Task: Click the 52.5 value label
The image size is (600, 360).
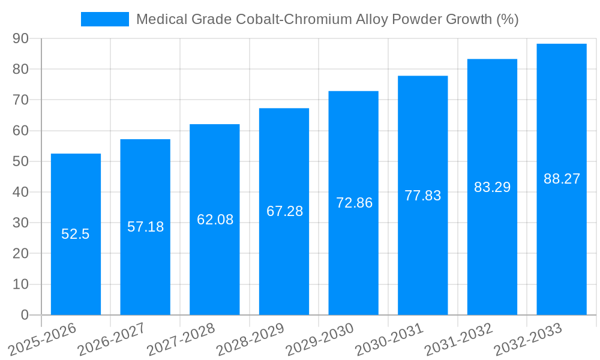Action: pyautogui.click(x=76, y=234)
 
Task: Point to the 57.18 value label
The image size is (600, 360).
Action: pyautogui.click(x=145, y=227)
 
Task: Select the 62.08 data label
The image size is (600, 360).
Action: pyautogui.click(x=215, y=220)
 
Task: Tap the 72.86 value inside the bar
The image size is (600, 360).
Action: pyautogui.click(x=354, y=203)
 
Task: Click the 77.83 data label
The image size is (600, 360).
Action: pyautogui.click(x=422, y=196)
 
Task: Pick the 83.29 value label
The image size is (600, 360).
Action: pyautogui.click(x=492, y=187)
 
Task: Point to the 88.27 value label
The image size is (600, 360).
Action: pyautogui.click(x=562, y=179)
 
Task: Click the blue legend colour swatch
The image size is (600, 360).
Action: pyautogui.click(x=105, y=19)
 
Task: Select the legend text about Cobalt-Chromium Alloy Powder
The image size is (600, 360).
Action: pyautogui.click(x=327, y=19)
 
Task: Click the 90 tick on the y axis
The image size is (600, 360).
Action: pyautogui.click(x=20, y=38)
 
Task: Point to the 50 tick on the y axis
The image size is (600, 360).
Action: pyautogui.click(x=20, y=161)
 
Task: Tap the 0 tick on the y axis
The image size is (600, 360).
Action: pyautogui.click(x=25, y=315)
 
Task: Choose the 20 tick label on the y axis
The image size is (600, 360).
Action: pyautogui.click(x=20, y=253)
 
